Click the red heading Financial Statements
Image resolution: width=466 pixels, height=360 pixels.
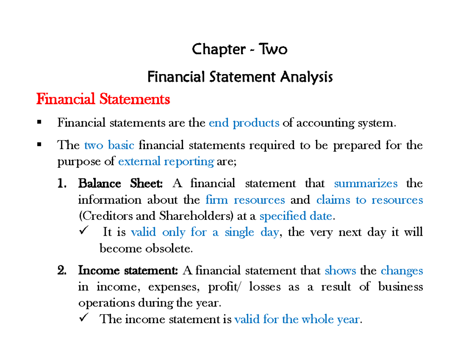point(103,100)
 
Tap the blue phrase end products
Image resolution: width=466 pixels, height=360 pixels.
point(244,123)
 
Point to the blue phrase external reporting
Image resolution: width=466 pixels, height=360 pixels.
point(166,162)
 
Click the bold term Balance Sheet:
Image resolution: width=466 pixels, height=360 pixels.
point(121,183)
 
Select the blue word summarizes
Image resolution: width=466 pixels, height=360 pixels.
point(365,183)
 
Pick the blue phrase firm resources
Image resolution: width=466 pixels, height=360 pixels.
point(245,200)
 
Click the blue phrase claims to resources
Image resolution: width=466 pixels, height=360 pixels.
point(369,200)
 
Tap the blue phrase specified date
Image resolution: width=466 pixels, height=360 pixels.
point(296,216)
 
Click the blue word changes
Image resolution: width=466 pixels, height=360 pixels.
point(402,270)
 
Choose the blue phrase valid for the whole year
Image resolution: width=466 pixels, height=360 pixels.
point(298,319)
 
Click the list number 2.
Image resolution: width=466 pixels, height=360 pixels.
point(61,270)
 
